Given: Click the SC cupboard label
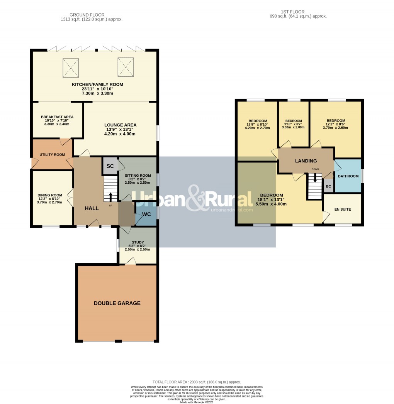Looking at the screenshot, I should coord(110,166).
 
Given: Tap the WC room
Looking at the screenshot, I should coord(146,214).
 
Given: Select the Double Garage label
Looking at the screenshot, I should coord(117,303).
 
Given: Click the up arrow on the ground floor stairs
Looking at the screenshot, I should coord(110,196).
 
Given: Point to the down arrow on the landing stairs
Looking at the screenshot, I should coord(315,178).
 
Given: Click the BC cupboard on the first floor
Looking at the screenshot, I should coord(328,186).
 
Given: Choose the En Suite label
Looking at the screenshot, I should coord(342,210).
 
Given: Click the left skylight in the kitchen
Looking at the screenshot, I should coord(71,68).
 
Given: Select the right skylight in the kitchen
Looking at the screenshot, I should coord(126,66).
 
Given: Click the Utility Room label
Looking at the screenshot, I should coord(52,155).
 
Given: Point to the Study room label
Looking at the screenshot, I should coord(137,242).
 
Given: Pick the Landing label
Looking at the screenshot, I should coord(306,161).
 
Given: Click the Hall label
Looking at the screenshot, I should coord(92,208).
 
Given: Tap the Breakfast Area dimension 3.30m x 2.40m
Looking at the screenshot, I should coord(57,124).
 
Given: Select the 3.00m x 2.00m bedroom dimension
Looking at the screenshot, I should coord(293,127).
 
